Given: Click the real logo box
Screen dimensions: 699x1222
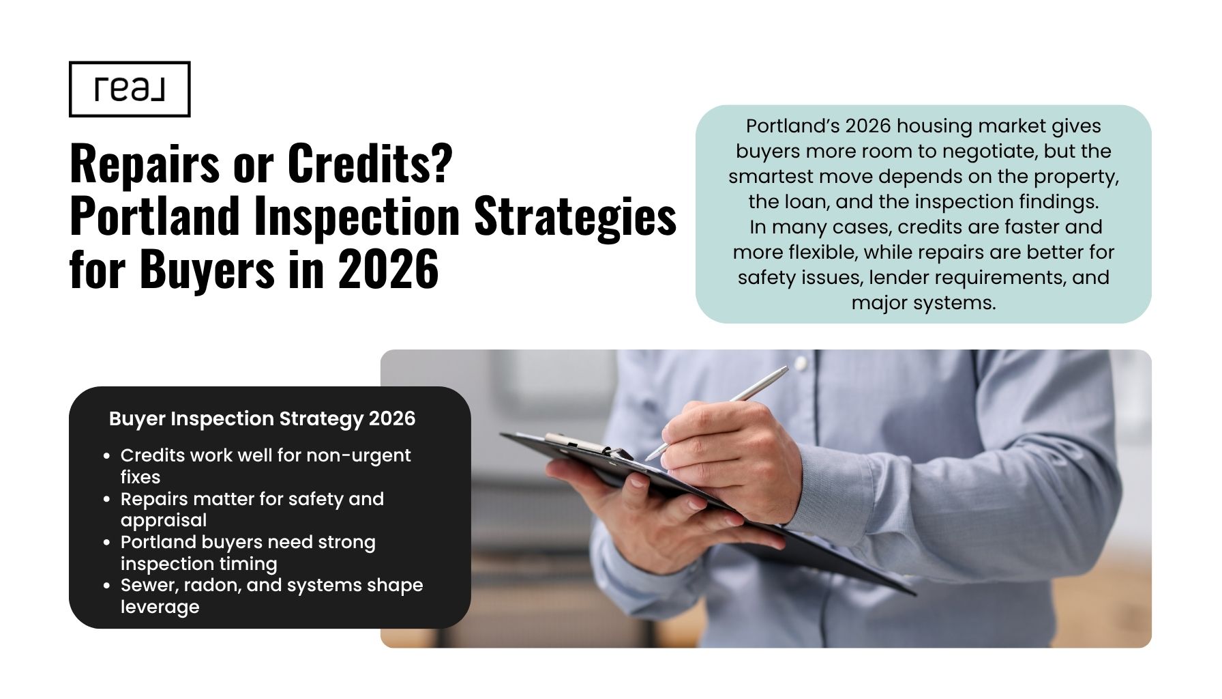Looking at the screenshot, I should click(130, 89).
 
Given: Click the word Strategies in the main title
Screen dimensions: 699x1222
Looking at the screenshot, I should click(575, 216).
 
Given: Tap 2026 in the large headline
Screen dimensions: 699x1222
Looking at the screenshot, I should click(388, 269).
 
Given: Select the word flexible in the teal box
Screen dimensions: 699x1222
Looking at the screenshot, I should click(822, 253).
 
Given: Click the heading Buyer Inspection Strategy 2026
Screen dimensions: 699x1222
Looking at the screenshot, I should click(262, 418).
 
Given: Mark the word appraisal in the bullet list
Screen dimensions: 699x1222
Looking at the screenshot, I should click(164, 520).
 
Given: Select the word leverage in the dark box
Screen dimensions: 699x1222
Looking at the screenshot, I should click(160, 607).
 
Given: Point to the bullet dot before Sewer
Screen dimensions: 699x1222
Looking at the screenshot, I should click(106, 586).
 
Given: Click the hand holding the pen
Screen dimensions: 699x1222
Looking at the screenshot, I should click(730, 457).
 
